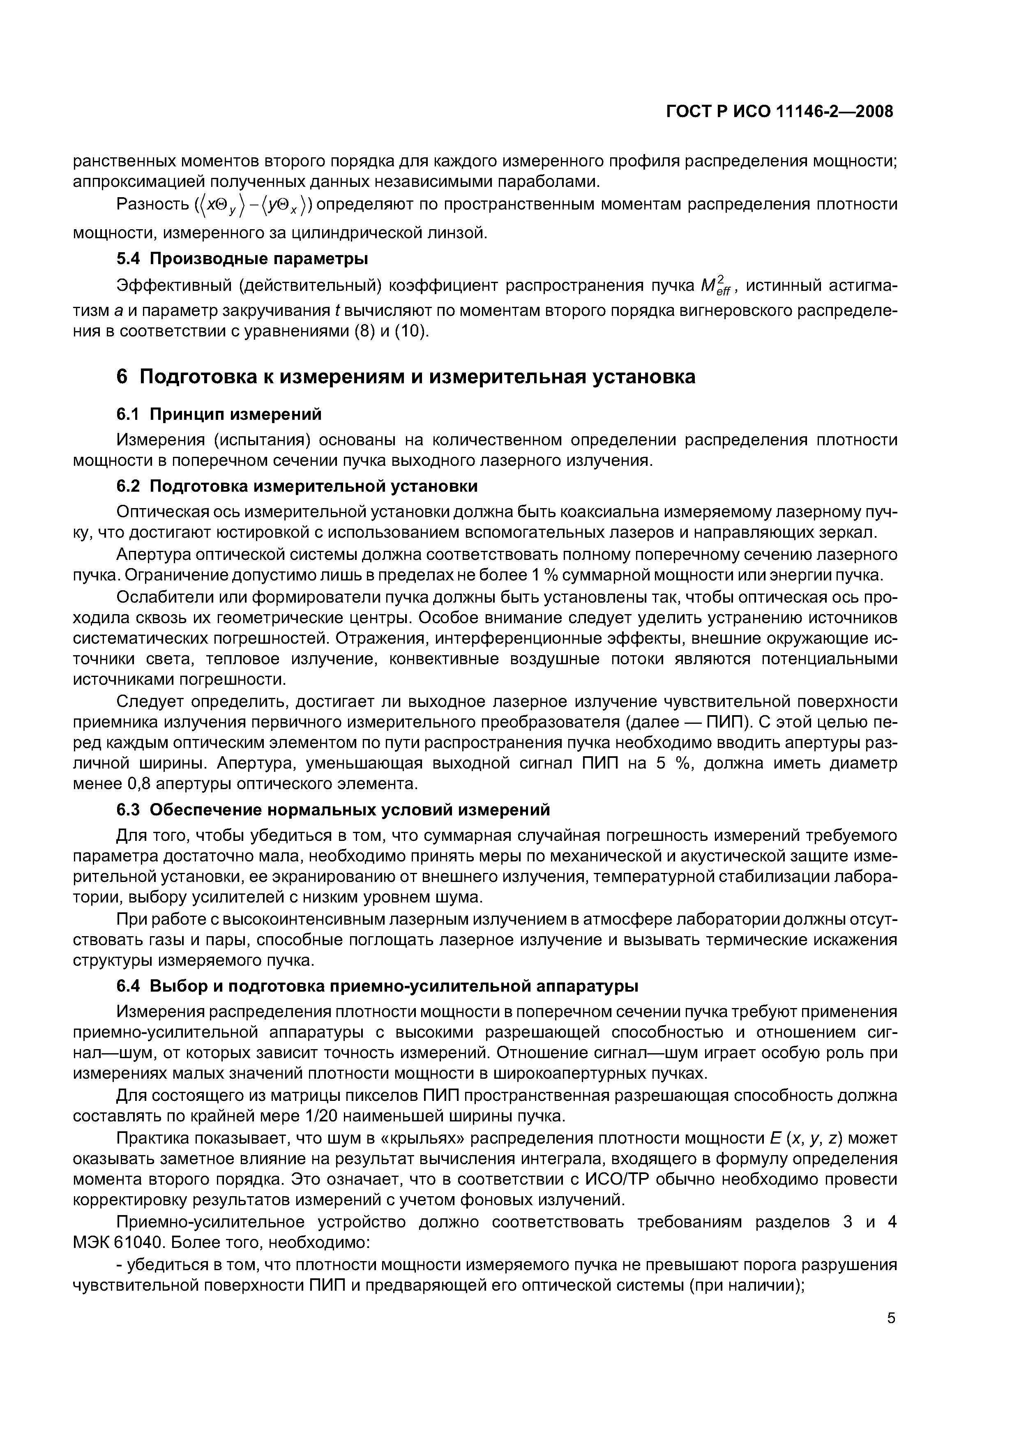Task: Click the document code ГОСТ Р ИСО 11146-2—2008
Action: point(779,112)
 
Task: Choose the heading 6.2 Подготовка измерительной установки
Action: point(297,486)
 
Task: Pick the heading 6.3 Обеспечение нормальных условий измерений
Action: point(333,810)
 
